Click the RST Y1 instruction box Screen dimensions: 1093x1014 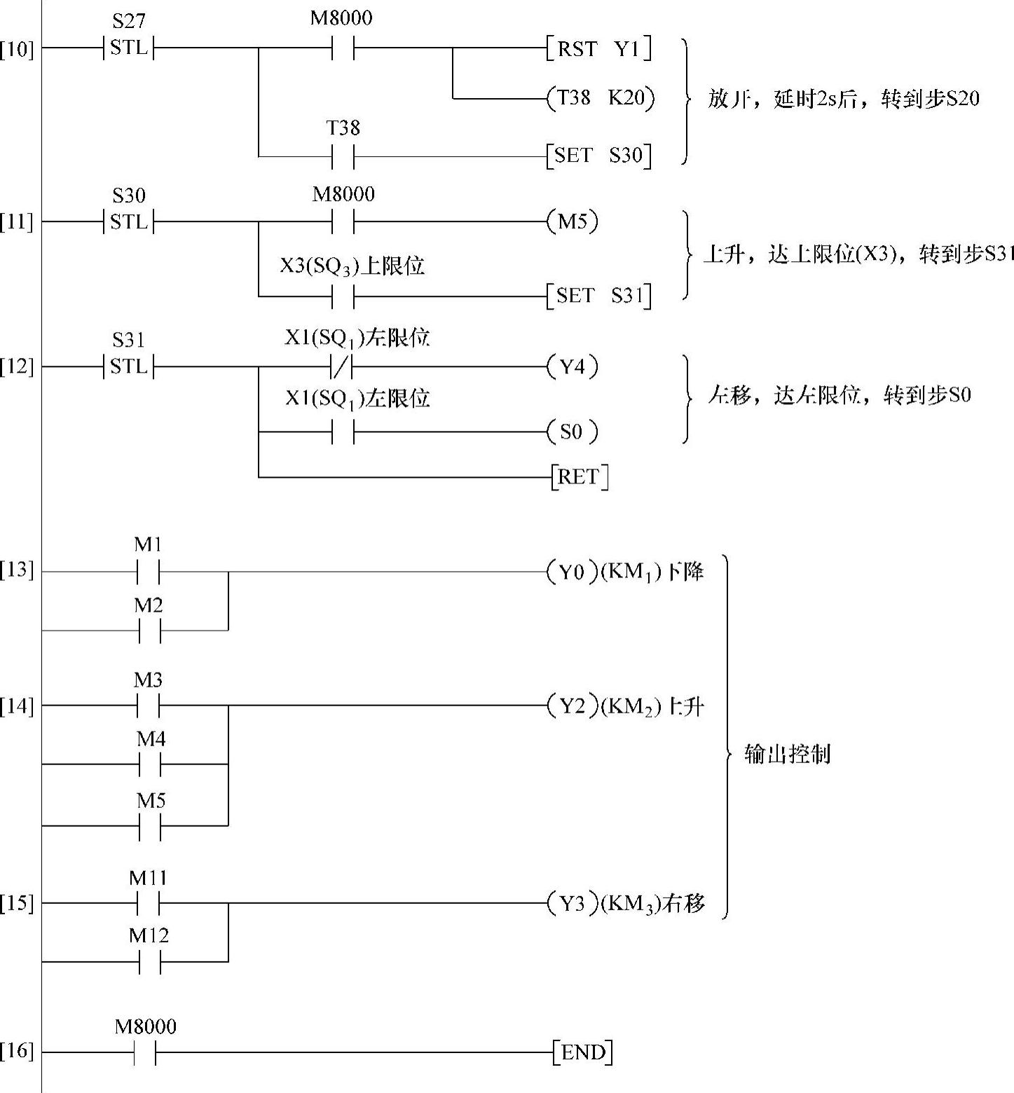[599, 48]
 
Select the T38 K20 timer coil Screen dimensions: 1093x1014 [601, 98]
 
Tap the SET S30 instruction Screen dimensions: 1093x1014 [599, 156]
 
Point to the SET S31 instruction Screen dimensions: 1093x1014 [600, 296]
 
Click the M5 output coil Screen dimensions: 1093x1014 [573, 222]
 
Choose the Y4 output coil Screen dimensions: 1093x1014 [573, 366]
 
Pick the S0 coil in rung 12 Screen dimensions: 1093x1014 [573, 432]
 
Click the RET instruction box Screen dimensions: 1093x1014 [580, 477]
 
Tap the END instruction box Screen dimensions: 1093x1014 [582, 1052]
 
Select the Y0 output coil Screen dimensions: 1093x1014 [573, 572]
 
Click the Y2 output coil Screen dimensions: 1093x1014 [573, 706]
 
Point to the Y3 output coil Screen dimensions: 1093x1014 [573, 904]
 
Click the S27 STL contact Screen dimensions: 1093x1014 [129, 48]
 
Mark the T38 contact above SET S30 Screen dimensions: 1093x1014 [343, 156]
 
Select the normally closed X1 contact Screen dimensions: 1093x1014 [343, 366]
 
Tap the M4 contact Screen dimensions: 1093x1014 [150, 764]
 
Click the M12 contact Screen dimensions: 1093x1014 [150, 963]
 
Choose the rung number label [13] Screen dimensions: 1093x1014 [16, 570]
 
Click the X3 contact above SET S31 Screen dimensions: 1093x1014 [343, 296]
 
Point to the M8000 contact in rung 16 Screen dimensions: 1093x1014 [145, 1052]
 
